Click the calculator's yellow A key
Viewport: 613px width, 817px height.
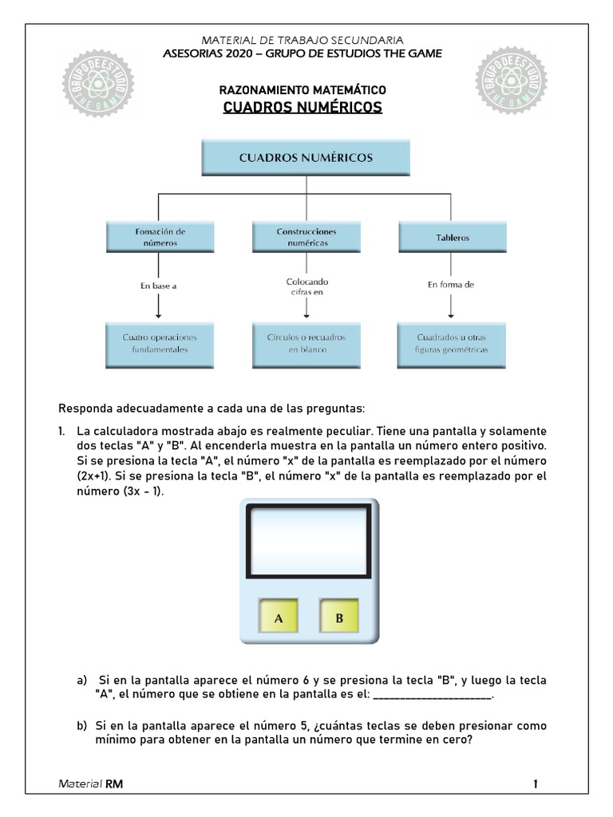tap(279, 618)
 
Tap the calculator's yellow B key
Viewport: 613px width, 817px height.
tap(338, 618)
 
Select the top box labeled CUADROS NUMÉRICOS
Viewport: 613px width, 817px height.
tap(306, 158)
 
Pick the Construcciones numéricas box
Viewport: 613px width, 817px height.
tap(306, 237)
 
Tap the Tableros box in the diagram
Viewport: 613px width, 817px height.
tap(453, 237)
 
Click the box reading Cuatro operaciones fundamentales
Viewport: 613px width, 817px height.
tap(160, 343)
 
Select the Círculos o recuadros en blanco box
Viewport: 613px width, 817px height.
tap(306, 343)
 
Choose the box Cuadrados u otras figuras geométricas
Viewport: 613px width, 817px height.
tap(453, 343)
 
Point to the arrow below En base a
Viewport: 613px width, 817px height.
tap(160, 306)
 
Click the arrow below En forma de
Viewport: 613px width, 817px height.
tap(453, 306)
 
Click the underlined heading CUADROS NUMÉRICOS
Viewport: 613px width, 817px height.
tap(303, 107)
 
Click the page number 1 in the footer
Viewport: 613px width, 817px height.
tap(536, 784)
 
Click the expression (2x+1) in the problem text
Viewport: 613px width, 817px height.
tap(94, 477)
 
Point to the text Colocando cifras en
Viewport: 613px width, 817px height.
tap(306, 287)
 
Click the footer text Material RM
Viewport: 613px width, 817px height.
tap(91, 784)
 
